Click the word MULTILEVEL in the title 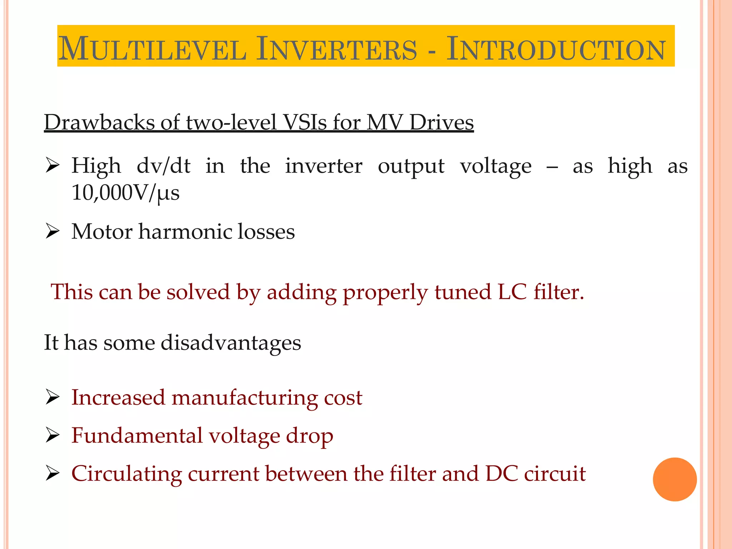(x=152, y=49)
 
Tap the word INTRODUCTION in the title (x=556, y=49)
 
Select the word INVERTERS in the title (x=336, y=49)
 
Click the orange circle (x=674, y=479)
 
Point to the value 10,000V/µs (x=125, y=193)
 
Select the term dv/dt (x=163, y=166)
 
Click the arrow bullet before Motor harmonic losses (x=52, y=232)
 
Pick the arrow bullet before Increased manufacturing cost (x=52, y=397)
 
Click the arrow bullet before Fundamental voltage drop (x=52, y=436)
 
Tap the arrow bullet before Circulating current (x=52, y=474)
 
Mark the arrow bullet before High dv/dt (x=52, y=166)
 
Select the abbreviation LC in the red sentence (x=512, y=292)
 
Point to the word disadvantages (x=231, y=342)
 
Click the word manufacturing (x=244, y=397)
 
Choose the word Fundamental (x=137, y=436)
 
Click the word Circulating (x=127, y=474)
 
